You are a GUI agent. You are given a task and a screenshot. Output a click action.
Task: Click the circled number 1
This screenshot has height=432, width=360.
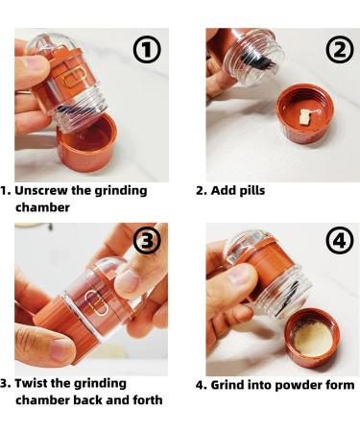coord(146,50)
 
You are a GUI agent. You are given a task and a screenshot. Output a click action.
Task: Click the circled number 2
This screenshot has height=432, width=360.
coord(337,50)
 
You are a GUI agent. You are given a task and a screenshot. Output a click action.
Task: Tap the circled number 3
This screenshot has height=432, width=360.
coord(146,241)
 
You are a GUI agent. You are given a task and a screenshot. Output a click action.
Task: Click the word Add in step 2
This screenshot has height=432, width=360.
coord(220,190)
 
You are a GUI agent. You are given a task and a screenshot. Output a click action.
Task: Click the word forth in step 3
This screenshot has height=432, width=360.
coord(141,399)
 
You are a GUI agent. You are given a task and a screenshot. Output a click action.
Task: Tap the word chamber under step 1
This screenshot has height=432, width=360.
coord(42,206)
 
